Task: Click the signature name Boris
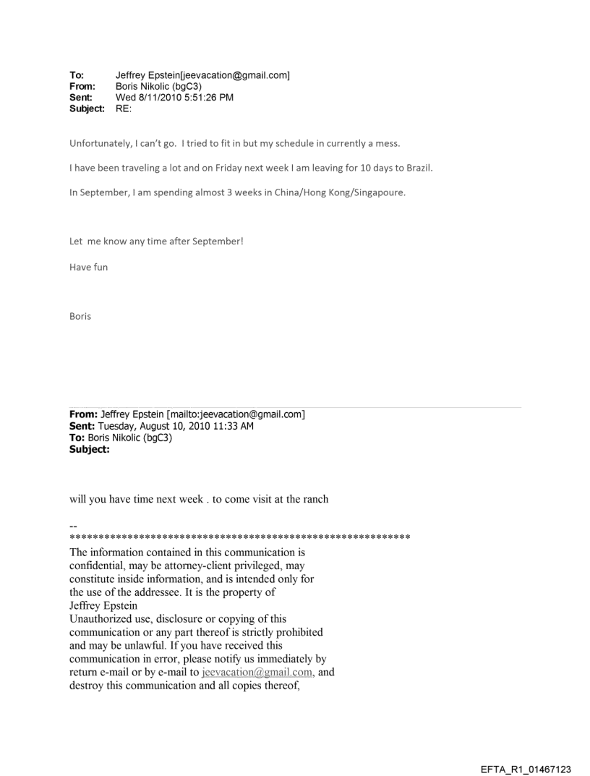[80, 316]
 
